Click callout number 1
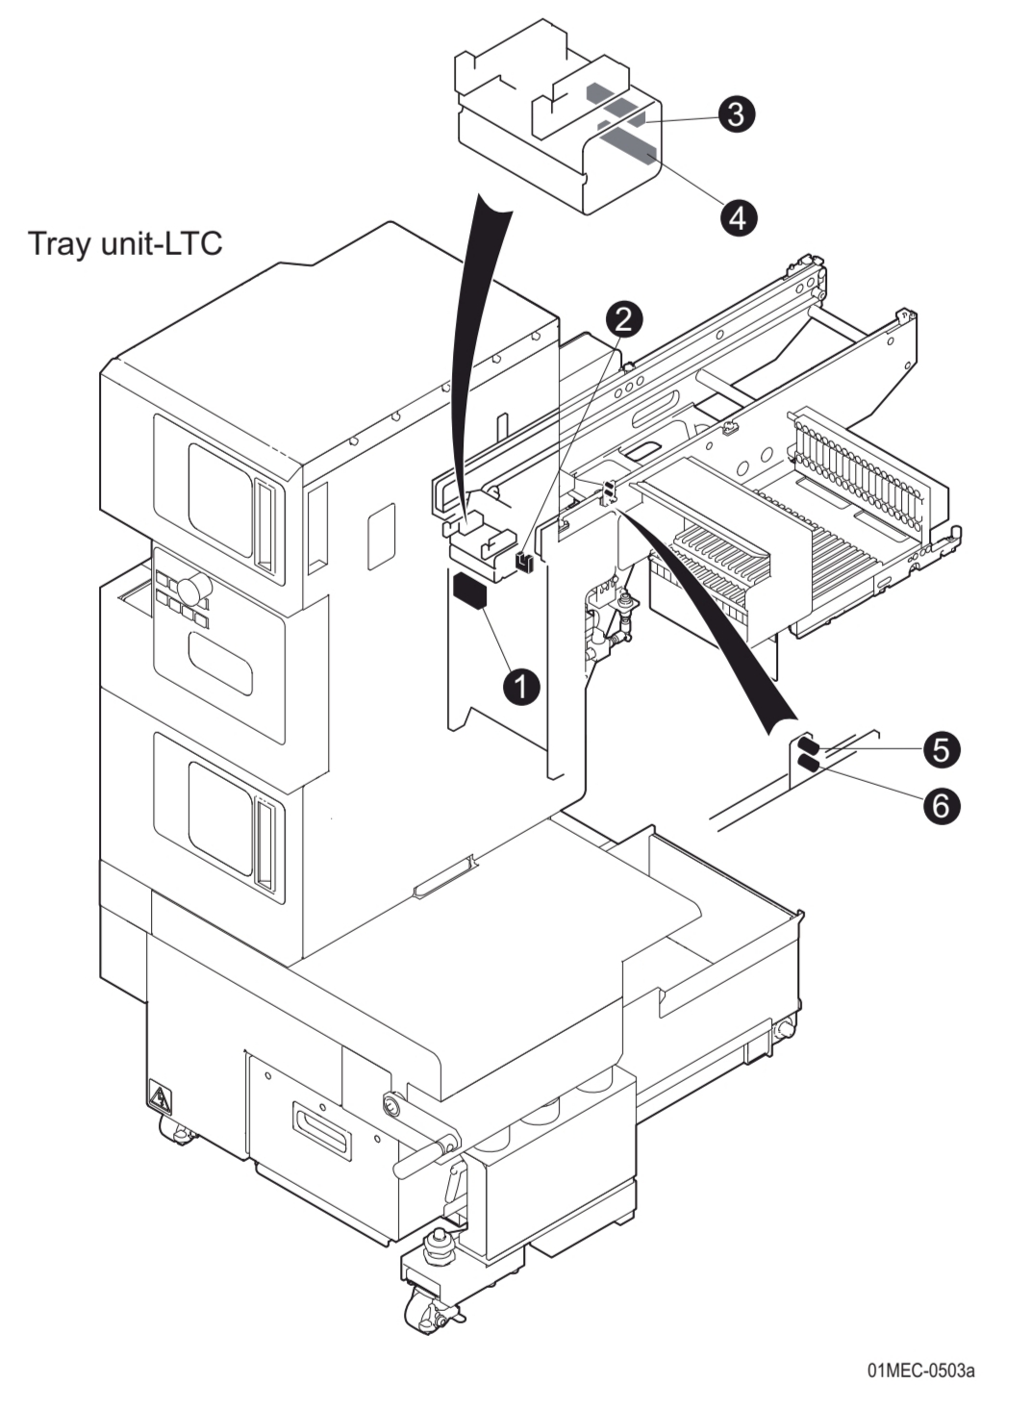(x=521, y=687)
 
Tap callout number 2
(x=623, y=317)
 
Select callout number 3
(x=735, y=113)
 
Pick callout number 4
(x=737, y=216)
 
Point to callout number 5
(x=941, y=749)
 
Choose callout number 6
(x=941, y=805)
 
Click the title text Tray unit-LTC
(x=126, y=243)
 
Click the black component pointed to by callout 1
(x=470, y=590)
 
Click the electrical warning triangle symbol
(x=158, y=1097)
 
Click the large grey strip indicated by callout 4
(x=630, y=149)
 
